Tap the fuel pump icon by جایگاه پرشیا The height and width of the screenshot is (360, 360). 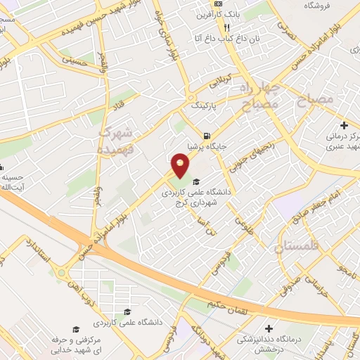click(205, 136)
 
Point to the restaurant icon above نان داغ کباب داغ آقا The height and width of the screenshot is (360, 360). click(227, 27)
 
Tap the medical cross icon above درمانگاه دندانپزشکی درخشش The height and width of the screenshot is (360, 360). click(269, 328)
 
